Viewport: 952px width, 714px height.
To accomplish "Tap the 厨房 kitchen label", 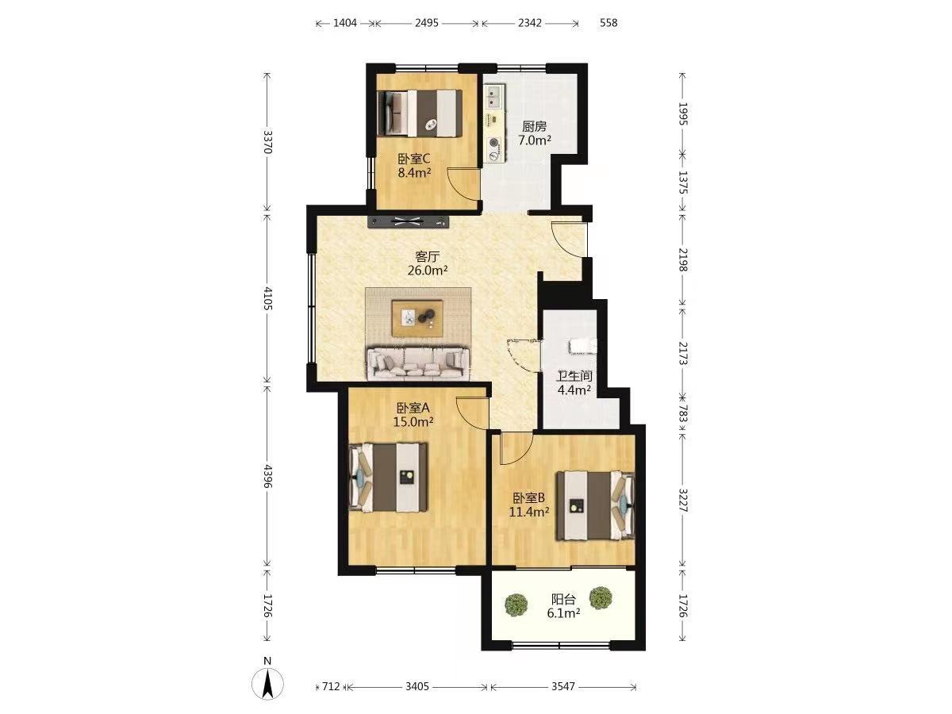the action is coord(535,127).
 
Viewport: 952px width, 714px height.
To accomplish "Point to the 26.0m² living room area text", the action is coord(427,271).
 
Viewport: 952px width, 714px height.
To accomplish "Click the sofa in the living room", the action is coord(418,363).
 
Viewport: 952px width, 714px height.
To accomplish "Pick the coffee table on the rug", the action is coord(417,318).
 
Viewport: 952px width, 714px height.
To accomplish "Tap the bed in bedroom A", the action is coord(389,477).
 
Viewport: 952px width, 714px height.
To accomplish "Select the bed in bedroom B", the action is coord(596,505).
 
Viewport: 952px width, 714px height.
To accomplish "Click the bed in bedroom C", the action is coord(420,113).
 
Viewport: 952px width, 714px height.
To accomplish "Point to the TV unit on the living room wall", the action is coord(408,221).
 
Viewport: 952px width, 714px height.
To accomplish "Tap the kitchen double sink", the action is coord(494,97).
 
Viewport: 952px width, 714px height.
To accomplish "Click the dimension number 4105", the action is coord(267,297).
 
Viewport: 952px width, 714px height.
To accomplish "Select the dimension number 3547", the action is coord(563,686).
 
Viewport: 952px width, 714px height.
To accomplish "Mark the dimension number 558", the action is coord(608,23).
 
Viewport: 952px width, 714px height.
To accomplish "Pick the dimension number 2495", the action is coord(427,23).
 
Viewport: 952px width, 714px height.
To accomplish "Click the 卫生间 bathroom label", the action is coord(574,376).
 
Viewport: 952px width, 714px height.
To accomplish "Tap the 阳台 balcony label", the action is coord(563,600).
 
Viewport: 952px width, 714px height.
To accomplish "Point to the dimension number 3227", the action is coord(683,501).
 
